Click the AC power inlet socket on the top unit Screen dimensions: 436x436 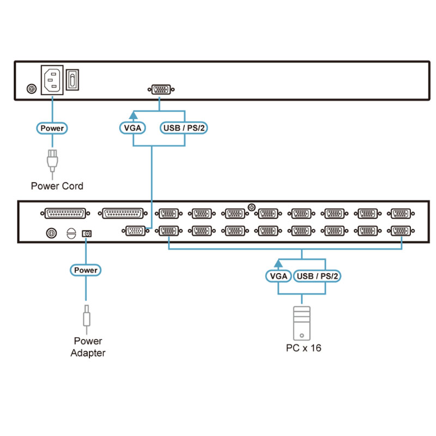(x=52, y=80)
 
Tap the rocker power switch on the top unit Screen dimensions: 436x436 (x=72, y=80)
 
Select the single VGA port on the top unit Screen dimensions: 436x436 (x=161, y=89)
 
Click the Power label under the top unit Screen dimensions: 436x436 (x=52, y=128)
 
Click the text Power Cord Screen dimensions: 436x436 (x=57, y=186)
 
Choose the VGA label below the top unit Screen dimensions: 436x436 (x=132, y=128)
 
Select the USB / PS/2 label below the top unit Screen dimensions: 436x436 (x=184, y=128)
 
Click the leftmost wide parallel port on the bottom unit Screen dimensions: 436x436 (x=65, y=214)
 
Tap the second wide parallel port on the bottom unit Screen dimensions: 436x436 (x=123, y=214)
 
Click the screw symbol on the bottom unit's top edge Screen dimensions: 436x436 (x=252, y=207)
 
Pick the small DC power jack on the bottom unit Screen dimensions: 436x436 (x=87, y=234)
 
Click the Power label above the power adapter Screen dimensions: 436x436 (x=86, y=270)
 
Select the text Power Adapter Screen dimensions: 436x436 (x=88, y=347)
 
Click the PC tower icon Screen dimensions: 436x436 (x=302, y=323)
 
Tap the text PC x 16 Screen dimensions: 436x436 (x=304, y=348)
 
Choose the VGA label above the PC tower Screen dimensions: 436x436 (x=278, y=276)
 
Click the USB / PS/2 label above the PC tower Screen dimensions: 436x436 (x=317, y=276)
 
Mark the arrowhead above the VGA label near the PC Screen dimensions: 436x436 (x=278, y=264)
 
